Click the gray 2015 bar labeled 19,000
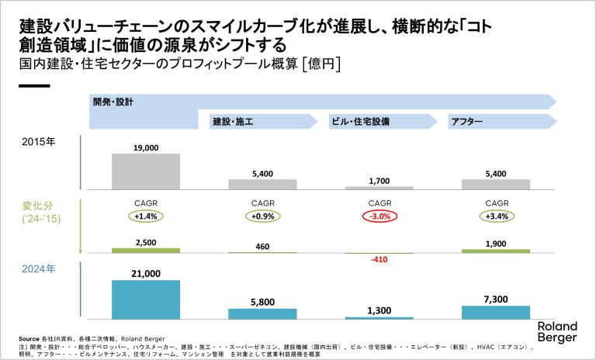[146, 171]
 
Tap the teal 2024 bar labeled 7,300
[495, 312]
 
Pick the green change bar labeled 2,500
[146, 251]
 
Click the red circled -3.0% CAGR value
[379, 216]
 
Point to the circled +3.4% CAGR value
[496, 216]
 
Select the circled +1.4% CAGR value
[147, 216]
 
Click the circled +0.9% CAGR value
[262, 216]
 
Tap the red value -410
[379, 260]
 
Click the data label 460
[262, 246]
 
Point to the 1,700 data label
[379, 181]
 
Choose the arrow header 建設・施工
[234, 122]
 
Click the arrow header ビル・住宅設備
[360, 122]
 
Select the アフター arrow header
[466, 122]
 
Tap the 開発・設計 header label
[114, 102]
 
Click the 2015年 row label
[40, 142]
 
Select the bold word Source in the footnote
[29, 340]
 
